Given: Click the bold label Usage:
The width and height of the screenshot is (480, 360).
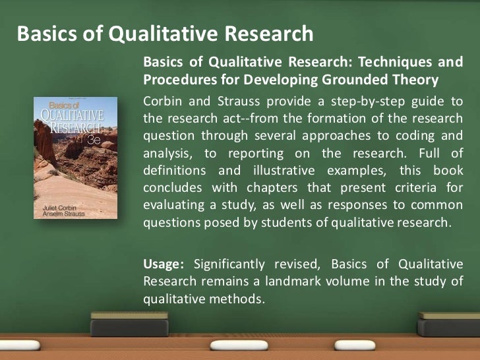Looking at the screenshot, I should click(x=164, y=264).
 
